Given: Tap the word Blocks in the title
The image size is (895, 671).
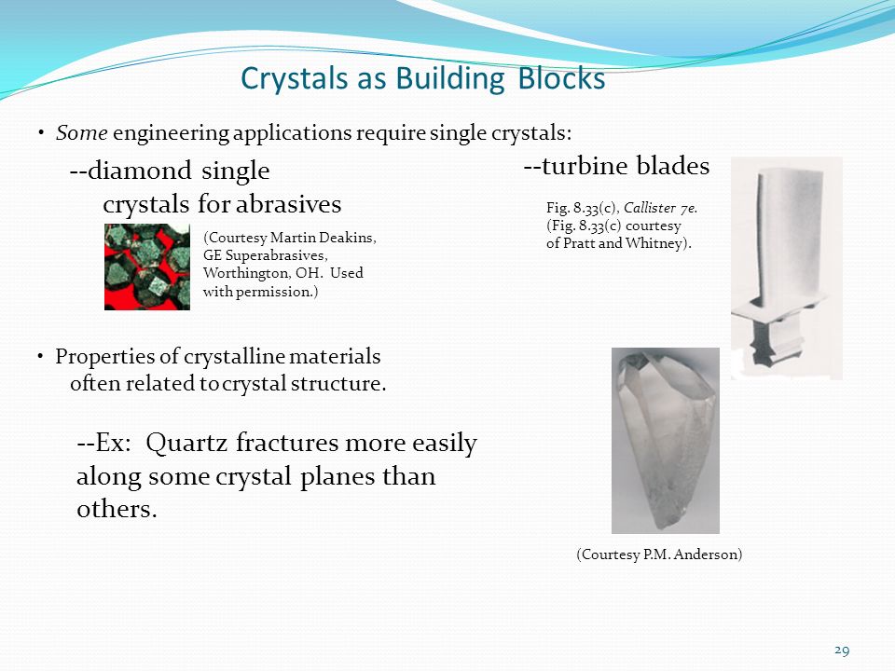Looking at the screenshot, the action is click(561, 78).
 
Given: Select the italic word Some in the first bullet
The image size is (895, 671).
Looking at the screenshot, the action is click(82, 133).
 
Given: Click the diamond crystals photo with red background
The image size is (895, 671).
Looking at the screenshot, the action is click(147, 267).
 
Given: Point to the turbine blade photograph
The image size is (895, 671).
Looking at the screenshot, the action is click(787, 268).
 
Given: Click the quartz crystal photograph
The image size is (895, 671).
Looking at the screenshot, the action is click(666, 441).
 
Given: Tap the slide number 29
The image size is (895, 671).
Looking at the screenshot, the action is click(842, 650).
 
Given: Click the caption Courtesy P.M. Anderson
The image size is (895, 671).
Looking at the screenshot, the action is click(659, 555).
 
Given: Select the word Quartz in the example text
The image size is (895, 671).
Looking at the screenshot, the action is click(186, 444).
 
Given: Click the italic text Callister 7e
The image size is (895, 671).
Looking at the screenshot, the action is click(660, 208).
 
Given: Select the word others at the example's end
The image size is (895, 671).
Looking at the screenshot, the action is click(117, 509).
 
